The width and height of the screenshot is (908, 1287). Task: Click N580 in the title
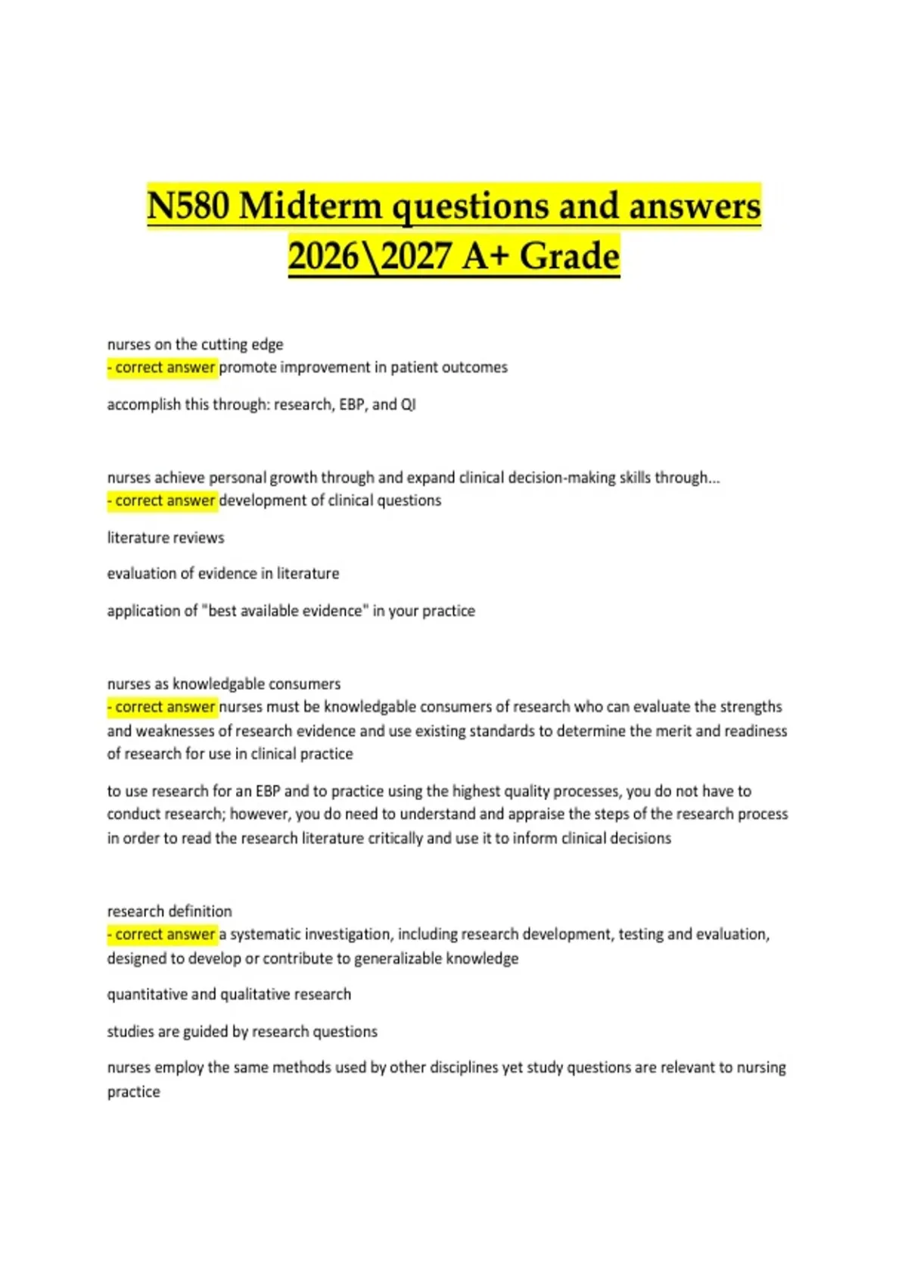[x=188, y=206]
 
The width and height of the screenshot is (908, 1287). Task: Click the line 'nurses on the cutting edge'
[x=195, y=344]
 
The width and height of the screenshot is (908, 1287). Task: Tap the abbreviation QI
[x=408, y=404]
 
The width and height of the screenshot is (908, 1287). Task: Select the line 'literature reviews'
[x=166, y=538]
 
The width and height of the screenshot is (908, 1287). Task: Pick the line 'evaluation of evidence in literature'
[x=223, y=574]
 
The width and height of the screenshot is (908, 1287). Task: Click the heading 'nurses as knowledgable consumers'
[x=224, y=684]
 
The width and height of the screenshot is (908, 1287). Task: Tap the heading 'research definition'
[x=169, y=911]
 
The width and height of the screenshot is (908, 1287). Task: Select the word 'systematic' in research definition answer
[x=265, y=934]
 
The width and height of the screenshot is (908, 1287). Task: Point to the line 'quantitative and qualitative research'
[x=229, y=994]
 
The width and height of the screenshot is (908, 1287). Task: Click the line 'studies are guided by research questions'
[x=242, y=1031]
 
